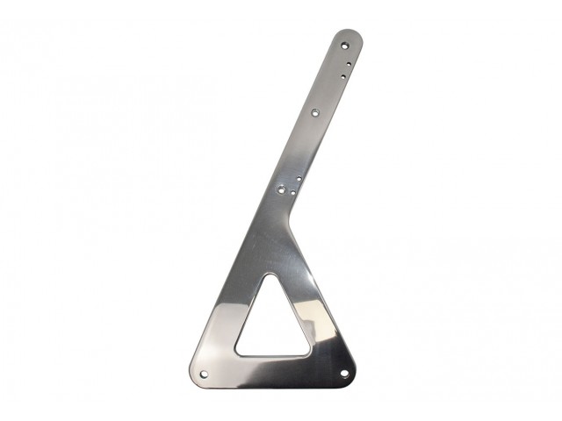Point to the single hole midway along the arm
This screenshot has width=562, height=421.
point(316,111)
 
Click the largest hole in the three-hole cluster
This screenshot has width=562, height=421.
point(282,186)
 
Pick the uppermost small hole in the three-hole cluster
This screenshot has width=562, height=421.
point(300,178)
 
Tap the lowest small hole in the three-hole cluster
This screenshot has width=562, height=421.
point(289,195)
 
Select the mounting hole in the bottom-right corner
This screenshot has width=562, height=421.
point(345,373)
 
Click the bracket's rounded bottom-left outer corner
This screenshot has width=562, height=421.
point(195,377)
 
